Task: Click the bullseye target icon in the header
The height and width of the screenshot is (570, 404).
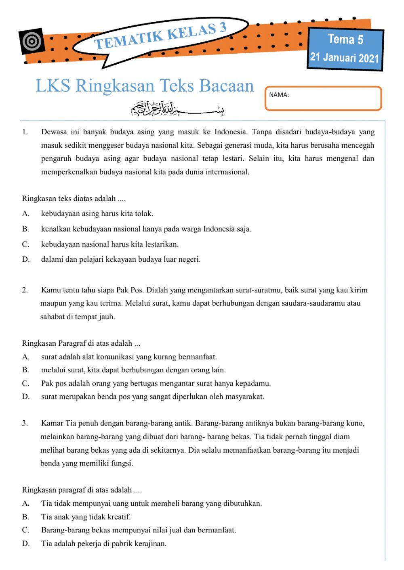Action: coord(32,41)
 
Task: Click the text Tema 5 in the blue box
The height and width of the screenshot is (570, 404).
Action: coord(345,40)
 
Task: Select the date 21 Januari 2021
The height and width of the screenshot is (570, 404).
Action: coord(344,57)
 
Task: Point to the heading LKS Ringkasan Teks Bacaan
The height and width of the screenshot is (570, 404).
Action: coord(145,86)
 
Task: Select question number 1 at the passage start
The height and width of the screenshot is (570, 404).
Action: coord(25,132)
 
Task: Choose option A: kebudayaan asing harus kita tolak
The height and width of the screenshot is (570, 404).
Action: coord(97,214)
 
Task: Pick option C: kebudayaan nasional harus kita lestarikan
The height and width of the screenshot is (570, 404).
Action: coord(109,244)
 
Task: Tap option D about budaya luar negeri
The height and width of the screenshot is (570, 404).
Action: coord(120,259)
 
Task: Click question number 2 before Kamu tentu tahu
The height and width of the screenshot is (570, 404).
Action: coord(25,290)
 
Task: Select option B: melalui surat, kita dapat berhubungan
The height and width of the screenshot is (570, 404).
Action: coord(133,370)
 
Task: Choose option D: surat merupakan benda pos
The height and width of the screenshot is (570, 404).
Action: coord(152,397)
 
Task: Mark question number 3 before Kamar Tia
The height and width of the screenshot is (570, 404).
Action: coord(25,423)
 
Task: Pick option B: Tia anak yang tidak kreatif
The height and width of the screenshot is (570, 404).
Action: coord(86,517)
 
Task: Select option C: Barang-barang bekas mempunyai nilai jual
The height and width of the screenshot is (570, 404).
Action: coord(139,530)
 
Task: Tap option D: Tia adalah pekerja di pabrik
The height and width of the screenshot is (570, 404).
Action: coord(103,543)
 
